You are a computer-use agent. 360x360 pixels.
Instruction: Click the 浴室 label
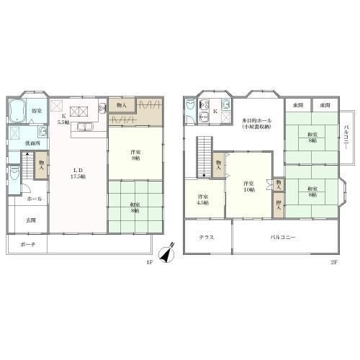tap(36, 111)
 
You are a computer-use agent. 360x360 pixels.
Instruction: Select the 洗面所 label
tap(33, 144)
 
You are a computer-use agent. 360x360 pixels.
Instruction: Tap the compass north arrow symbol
tap(167, 255)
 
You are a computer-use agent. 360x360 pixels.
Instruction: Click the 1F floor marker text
tap(150, 262)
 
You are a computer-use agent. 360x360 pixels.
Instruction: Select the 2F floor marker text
tap(334, 262)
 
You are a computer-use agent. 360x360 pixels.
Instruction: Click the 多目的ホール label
tap(256, 120)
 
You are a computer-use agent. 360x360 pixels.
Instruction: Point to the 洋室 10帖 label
tap(249, 186)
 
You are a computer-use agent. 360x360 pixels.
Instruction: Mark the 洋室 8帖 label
tap(135, 156)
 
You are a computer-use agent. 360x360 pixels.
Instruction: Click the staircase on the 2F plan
tap(204, 157)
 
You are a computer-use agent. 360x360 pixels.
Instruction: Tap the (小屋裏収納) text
tap(256, 127)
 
